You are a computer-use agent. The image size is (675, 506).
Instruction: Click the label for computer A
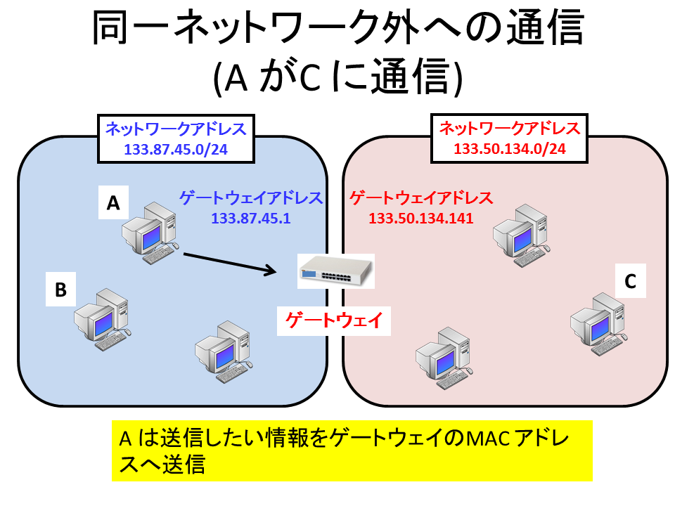click(x=113, y=202)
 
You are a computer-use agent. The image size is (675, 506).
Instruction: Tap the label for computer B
click(x=60, y=289)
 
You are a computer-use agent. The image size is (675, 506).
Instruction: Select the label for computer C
click(x=630, y=281)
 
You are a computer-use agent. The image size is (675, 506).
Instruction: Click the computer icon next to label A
click(x=150, y=233)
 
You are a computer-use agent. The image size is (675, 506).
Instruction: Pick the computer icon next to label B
click(x=103, y=319)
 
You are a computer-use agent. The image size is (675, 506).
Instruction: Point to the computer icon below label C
click(x=598, y=324)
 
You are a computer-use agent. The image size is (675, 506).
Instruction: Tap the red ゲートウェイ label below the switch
click(x=334, y=320)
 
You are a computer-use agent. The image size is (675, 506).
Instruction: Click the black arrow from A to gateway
click(x=230, y=262)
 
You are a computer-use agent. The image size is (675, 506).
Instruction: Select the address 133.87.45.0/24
click(x=176, y=149)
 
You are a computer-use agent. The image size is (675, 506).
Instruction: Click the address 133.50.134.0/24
click(x=510, y=148)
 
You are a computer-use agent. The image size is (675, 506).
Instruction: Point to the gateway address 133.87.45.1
click(x=250, y=218)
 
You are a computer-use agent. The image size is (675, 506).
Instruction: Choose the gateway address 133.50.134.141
click(x=421, y=218)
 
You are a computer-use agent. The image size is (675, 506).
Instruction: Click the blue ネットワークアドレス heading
click(x=176, y=129)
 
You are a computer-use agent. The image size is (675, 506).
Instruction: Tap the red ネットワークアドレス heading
click(x=510, y=128)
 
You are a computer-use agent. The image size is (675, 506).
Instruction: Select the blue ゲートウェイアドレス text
click(x=251, y=198)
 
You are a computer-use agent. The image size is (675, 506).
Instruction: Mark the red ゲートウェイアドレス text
click(x=421, y=198)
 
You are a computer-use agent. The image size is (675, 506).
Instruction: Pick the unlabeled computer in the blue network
click(x=224, y=351)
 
